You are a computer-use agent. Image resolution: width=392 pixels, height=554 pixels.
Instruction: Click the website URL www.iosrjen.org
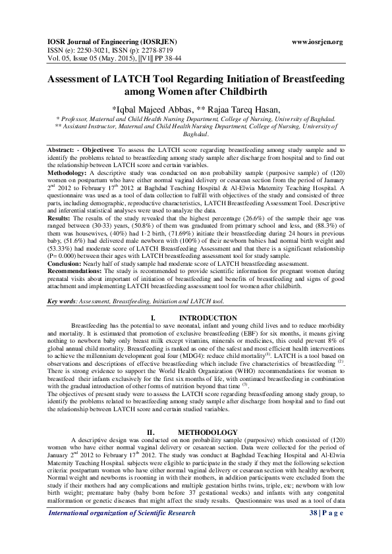(x=317, y=42)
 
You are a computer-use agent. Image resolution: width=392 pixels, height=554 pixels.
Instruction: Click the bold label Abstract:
(x=64, y=151)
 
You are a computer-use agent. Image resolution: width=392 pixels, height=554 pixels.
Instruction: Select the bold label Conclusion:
(x=66, y=261)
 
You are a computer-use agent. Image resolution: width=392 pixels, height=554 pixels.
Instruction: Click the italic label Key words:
(x=63, y=301)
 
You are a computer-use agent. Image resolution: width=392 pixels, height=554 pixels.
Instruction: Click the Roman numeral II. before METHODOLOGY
(x=150, y=413)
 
